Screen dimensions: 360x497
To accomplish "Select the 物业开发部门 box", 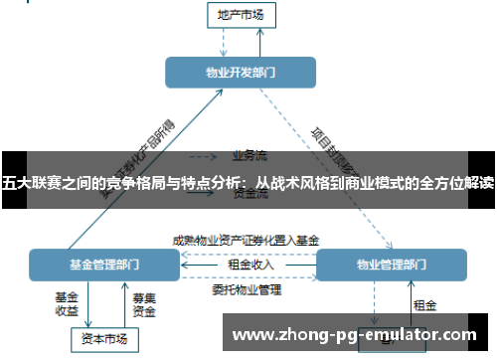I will click(241, 73).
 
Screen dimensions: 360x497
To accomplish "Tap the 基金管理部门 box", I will click(103, 266).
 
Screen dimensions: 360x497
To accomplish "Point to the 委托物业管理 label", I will click(247, 290).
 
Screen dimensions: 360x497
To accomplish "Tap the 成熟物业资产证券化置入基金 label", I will click(246, 240).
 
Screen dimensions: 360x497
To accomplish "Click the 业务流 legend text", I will click(248, 155).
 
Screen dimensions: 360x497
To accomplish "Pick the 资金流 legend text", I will click(248, 195).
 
